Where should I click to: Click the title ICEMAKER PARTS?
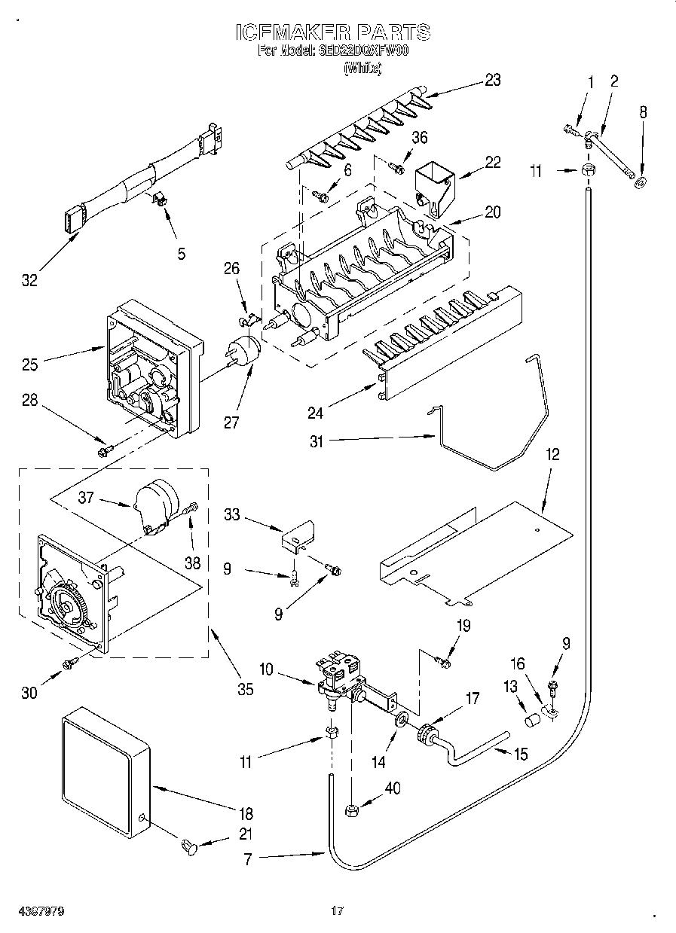coord(333,32)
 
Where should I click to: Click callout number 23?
coord(492,81)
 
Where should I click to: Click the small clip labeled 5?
coord(159,199)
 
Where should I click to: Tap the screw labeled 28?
coord(104,450)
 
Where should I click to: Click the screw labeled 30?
coord(70,662)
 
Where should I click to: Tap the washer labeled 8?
coord(640,182)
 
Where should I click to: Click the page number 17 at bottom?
coord(337,911)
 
